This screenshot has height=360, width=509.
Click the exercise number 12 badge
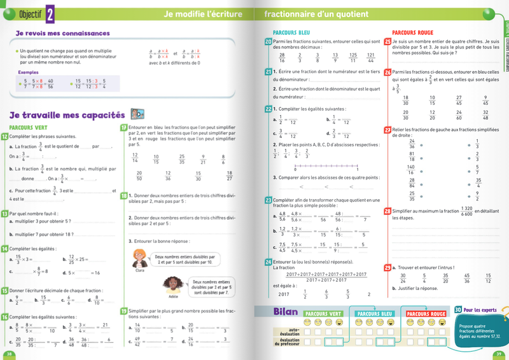[x=5, y=136]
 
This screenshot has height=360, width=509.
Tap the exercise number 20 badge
[x=268, y=41]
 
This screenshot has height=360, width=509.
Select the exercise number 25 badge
[x=387, y=41]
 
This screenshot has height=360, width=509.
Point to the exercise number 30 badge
[x=459, y=310]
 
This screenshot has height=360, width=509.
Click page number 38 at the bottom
[x=9, y=354]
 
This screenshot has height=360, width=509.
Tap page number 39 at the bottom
[x=499, y=354]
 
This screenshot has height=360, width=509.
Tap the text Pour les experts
[x=482, y=310]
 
